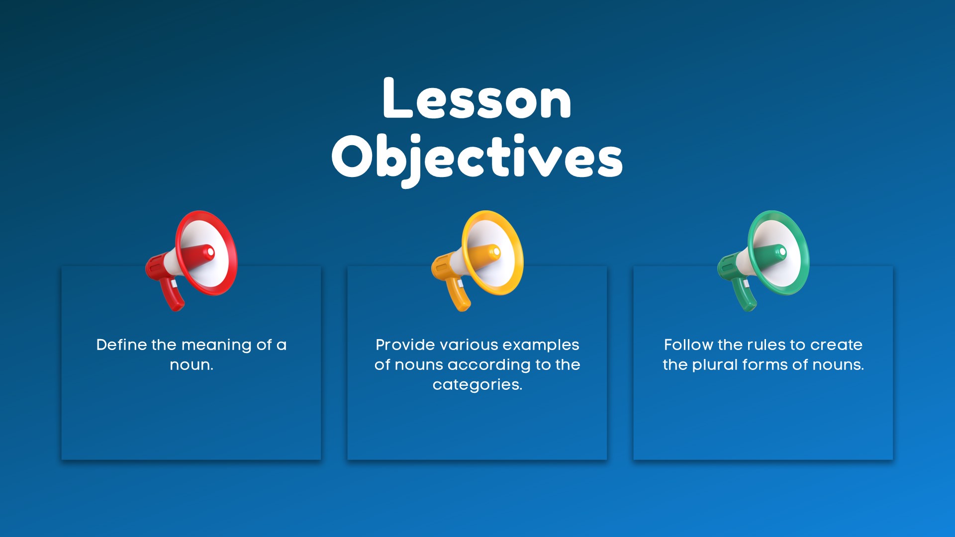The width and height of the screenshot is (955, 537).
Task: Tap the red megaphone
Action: click(x=191, y=261)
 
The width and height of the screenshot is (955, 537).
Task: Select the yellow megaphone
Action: click(x=477, y=261)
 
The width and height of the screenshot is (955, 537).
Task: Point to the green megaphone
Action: click(x=764, y=261)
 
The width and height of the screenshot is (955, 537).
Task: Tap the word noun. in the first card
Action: click(x=191, y=365)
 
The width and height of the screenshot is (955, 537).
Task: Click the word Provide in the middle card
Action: click(x=405, y=345)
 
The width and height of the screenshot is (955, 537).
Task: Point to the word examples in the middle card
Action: click(x=540, y=346)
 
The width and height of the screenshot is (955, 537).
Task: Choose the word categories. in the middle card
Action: click(x=477, y=385)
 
